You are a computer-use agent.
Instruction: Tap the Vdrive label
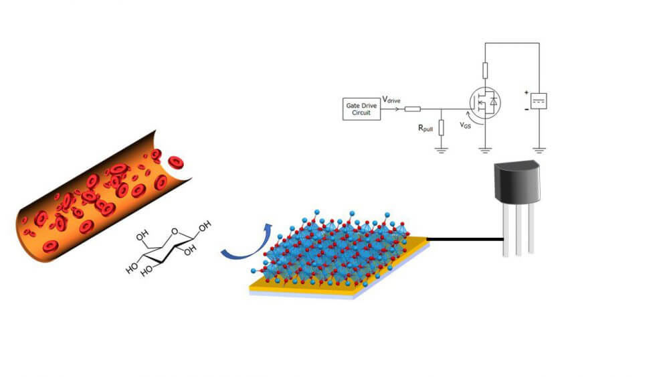click(x=392, y=100)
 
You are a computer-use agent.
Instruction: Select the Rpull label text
click(x=425, y=129)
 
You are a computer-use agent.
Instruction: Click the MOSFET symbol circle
click(x=486, y=101)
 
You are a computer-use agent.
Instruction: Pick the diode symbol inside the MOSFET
click(x=494, y=101)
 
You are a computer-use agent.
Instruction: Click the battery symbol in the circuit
click(x=539, y=101)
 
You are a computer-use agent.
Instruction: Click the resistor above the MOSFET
click(x=485, y=70)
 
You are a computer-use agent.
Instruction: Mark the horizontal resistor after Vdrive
click(x=413, y=108)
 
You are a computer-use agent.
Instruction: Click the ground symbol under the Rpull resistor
click(x=441, y=150)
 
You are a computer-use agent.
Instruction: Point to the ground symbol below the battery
click(x=539, y=149)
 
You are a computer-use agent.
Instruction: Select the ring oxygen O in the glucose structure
click(x=174, y=233)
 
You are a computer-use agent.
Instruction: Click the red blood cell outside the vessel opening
click(x=176, y=161)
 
